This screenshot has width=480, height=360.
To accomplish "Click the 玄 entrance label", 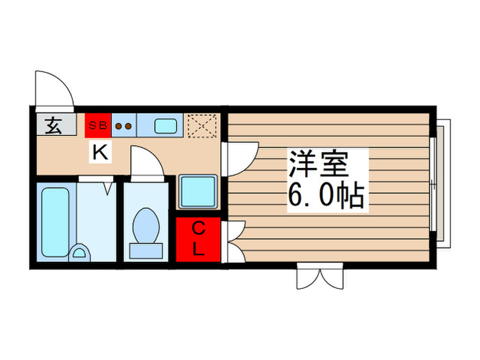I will [x=52, y=126].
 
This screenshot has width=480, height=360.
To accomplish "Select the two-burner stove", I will [x=124, y=125].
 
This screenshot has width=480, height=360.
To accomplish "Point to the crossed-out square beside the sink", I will [x=202, y=125].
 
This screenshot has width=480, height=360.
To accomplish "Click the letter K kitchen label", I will [x=100, y=154].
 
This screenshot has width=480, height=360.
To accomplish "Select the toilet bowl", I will [x=145, y=227].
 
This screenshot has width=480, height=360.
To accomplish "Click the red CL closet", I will [x=198, y=239].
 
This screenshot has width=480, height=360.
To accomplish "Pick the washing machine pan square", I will [x=198, y=191].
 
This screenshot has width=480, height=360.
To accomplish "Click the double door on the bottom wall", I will [x=320, y=278].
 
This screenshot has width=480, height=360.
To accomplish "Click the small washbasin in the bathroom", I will [x=80, y=253].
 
